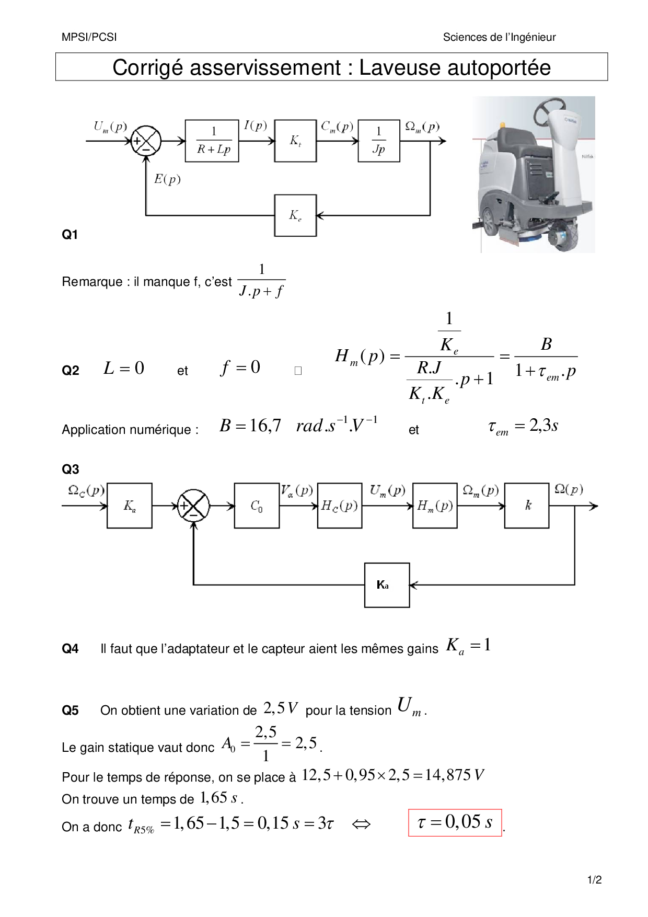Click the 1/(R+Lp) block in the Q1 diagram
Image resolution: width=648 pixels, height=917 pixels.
click(x=212, y=141)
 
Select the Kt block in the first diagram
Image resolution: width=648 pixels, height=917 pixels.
click(x=295, y=141)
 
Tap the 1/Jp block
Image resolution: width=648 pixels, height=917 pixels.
click(x=379, y=141)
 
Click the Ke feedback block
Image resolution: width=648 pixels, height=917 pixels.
click(x=295, y=215)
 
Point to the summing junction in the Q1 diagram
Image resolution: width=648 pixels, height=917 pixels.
click(x=146, y=141)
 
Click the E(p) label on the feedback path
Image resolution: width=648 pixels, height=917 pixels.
click(x=167, y=179)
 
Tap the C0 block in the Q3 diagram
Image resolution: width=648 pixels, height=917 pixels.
click(x=257, y=506)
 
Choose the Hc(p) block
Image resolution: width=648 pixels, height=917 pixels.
click(x=340, y=506)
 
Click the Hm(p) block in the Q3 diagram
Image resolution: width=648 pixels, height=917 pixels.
click(x=435, y=506)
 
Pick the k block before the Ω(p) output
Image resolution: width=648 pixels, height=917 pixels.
click(x=527, y=506)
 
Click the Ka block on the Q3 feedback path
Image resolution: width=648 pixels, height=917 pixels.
click(x=387, y=585)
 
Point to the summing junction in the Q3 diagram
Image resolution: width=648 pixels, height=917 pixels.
click(x=193, y=506)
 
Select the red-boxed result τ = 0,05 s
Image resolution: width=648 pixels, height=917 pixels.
click(x=455, y=822)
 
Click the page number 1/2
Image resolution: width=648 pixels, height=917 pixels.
click(x=595, y=880)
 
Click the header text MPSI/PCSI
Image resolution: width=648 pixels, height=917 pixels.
click(x=89, y=37)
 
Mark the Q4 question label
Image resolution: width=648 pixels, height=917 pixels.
click(x=70, y=649)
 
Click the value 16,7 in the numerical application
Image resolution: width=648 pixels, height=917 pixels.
click(x=265, y=426)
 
